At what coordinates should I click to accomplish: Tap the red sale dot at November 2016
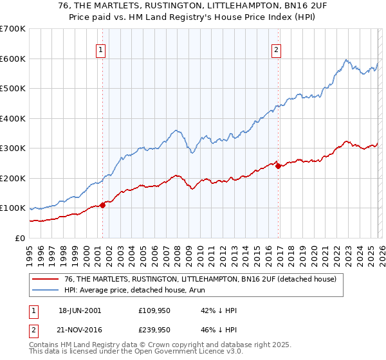click(x=278, y=166)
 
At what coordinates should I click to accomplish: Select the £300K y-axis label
click(x=13, y=148)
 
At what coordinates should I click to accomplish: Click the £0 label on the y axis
click(x=19, y=238)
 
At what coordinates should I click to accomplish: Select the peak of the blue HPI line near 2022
click(x=346, y=60)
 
